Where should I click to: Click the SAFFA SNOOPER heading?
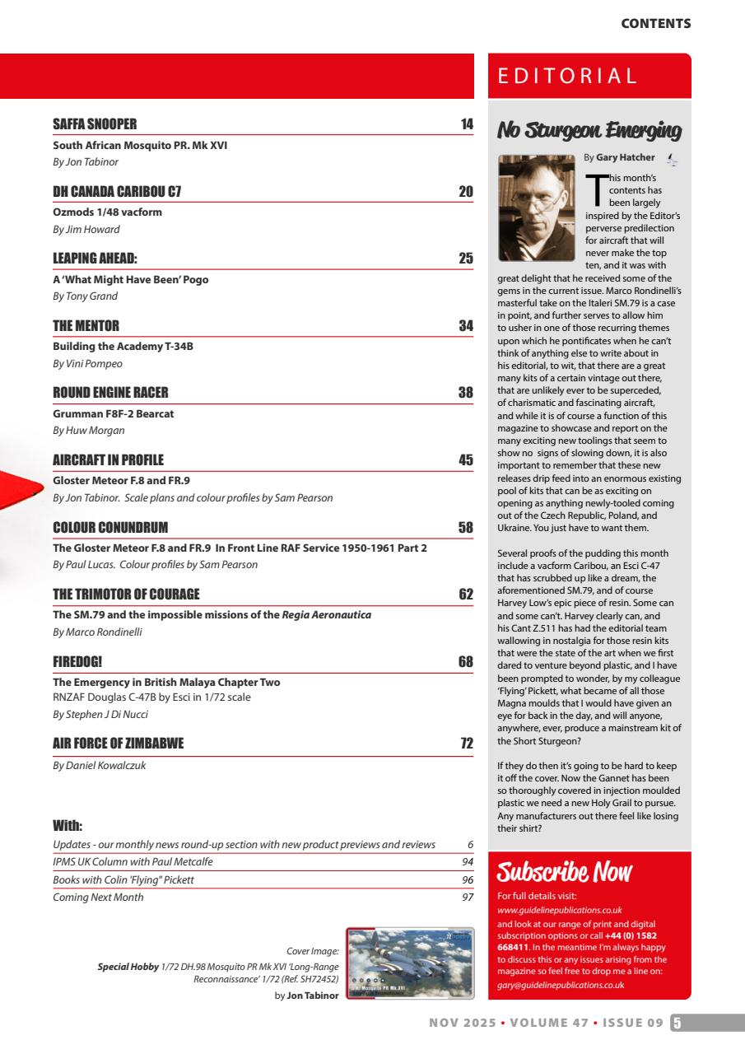click(95, 124)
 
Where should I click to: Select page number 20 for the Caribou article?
click(466, 192)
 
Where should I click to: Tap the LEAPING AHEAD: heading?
click(95, 259)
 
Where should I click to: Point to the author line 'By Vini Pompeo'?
click(87, 363)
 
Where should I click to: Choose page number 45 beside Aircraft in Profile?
click(466, 459)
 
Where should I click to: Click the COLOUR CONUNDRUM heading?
click(110, 527)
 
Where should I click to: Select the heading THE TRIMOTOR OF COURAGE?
click(126, 594)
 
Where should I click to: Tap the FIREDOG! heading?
click(77, 661)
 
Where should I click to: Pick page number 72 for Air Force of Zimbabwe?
click(466, 744)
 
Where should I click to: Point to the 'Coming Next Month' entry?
click(98, 897)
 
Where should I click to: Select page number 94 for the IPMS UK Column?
click(468, 862)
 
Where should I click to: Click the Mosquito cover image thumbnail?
click(410, 963)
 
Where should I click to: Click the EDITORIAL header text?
click(568, 77)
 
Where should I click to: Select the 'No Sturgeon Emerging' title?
click(589, 130)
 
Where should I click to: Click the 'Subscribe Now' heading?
click(565, 872)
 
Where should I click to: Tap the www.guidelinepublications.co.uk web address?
click(560, 910)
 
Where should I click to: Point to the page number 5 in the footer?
click(677, 1023)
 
